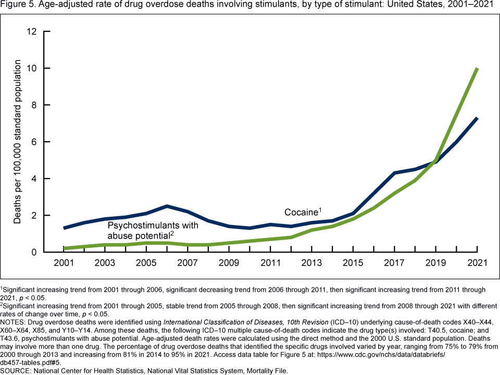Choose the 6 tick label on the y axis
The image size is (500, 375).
coord(34,142)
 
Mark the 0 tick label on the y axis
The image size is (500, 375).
coord(34,252)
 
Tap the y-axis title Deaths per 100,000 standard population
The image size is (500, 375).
coord(18,142)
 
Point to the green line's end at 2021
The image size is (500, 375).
coord(477,69)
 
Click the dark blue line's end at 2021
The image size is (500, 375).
coord(477,118)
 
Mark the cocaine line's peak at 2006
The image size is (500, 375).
coord(167,206)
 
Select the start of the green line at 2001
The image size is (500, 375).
coord(64,248)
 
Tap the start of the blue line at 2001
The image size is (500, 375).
coord(64,228)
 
